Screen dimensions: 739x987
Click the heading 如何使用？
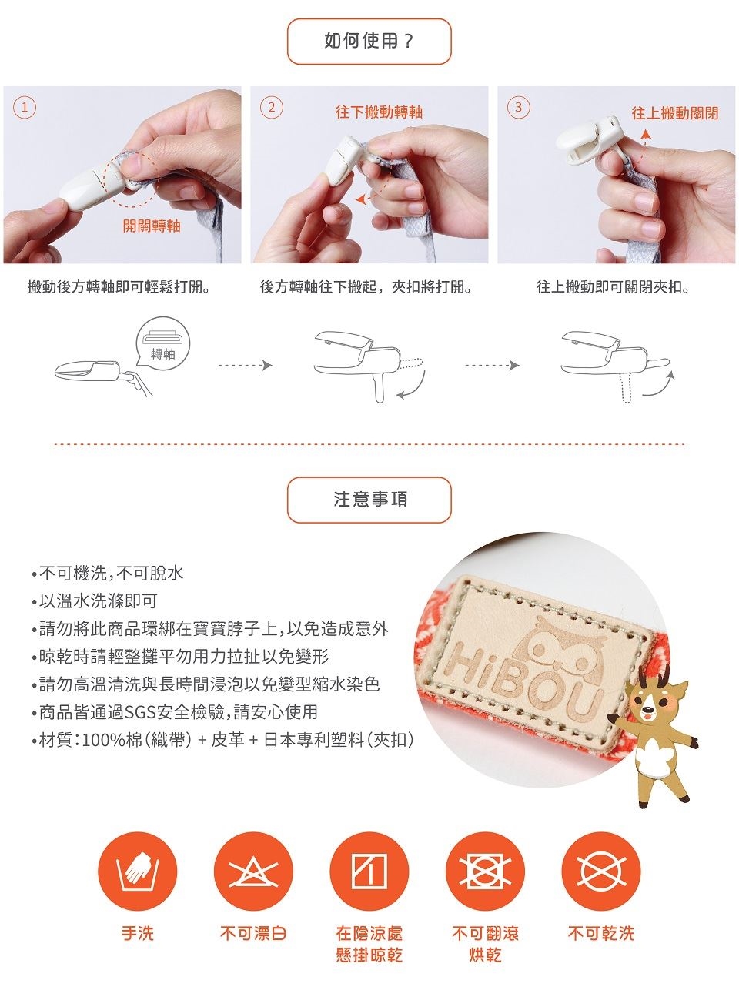point(369,41)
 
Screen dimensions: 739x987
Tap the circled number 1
point(25,108)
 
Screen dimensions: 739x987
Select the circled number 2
point(271,108)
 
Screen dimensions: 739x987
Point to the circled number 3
point(518,108)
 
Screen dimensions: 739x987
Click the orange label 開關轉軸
point(152,226)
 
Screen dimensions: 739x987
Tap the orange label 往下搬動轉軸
point(379,112)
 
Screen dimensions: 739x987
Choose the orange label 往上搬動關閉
point(674,113)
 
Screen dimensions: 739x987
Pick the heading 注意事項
point(370,500)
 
